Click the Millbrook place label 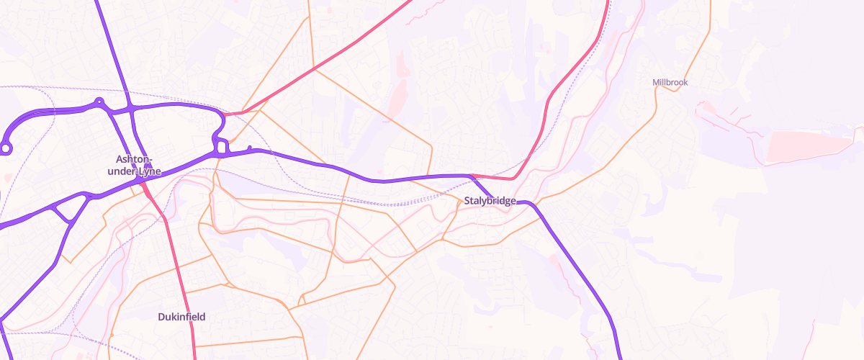670,83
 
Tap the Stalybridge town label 490,201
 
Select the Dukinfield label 182,316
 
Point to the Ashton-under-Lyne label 134,165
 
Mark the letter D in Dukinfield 161,316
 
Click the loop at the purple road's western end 6,148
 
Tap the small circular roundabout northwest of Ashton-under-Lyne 99,102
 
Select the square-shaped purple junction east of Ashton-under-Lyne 222,148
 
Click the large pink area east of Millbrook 806,146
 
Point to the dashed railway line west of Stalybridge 403,204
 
